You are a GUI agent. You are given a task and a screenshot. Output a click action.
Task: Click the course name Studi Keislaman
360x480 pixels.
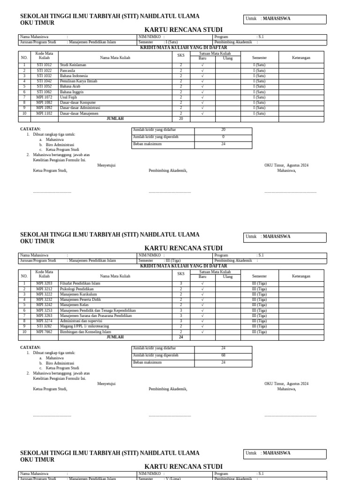pos(73,65)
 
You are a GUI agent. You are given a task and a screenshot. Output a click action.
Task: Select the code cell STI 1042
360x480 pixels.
pos(44,81)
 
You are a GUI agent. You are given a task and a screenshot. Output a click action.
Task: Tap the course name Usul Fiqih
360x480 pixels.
pos(68,97)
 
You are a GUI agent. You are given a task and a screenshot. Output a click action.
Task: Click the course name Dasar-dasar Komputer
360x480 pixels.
pos(78,103)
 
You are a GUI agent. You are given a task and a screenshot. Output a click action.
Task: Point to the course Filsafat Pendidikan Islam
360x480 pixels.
pos(80,284)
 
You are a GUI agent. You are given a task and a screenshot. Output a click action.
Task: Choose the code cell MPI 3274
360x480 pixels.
pos(44,321)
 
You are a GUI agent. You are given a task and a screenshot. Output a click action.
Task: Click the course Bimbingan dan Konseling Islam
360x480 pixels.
pos(86,332)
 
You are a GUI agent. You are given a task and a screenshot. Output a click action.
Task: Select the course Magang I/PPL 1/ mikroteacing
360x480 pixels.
pos(84,326)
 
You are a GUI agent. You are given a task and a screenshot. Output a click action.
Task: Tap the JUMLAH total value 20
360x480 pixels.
pos(181,119)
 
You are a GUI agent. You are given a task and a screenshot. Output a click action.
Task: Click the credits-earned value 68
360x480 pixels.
pos(223,355)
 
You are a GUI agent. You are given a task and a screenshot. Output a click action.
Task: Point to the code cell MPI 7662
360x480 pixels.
pos(44,332)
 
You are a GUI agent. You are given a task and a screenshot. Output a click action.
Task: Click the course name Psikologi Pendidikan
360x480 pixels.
pos(77,289)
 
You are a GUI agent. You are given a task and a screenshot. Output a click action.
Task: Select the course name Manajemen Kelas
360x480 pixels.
pos(74,305)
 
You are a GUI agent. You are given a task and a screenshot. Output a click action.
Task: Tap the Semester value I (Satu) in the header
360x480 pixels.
pos(171,42)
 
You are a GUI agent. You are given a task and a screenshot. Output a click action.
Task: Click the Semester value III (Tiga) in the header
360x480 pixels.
pos(172,261)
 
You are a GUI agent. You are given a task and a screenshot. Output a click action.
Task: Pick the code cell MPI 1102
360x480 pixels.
pos(44,113)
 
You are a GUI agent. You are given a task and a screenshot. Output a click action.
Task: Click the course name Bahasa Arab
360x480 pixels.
pos(70,87)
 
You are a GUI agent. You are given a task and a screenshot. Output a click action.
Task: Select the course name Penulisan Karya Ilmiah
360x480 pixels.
pos(79,81)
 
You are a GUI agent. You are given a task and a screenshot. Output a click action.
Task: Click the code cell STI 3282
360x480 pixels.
pos(44,326)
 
